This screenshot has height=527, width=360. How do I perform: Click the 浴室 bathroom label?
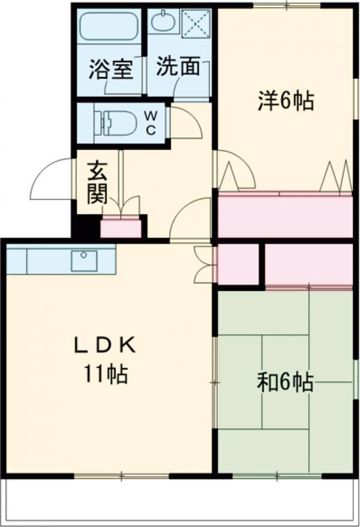point(110,69)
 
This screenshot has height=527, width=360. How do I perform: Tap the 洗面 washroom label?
point(178,65)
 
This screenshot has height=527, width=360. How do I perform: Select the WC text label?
point(151,123)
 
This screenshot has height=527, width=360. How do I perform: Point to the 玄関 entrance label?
point(97,183)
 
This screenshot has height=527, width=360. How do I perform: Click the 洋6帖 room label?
point(286,100)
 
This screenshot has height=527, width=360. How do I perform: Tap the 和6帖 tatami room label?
point(286,382)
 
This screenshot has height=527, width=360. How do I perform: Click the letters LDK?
point(105,345)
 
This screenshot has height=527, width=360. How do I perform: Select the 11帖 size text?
point(106,374)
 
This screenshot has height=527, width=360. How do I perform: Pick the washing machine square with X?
point(196,23)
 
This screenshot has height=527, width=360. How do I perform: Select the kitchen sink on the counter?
point(84,260)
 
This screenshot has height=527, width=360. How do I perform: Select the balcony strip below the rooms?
point(180,501)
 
